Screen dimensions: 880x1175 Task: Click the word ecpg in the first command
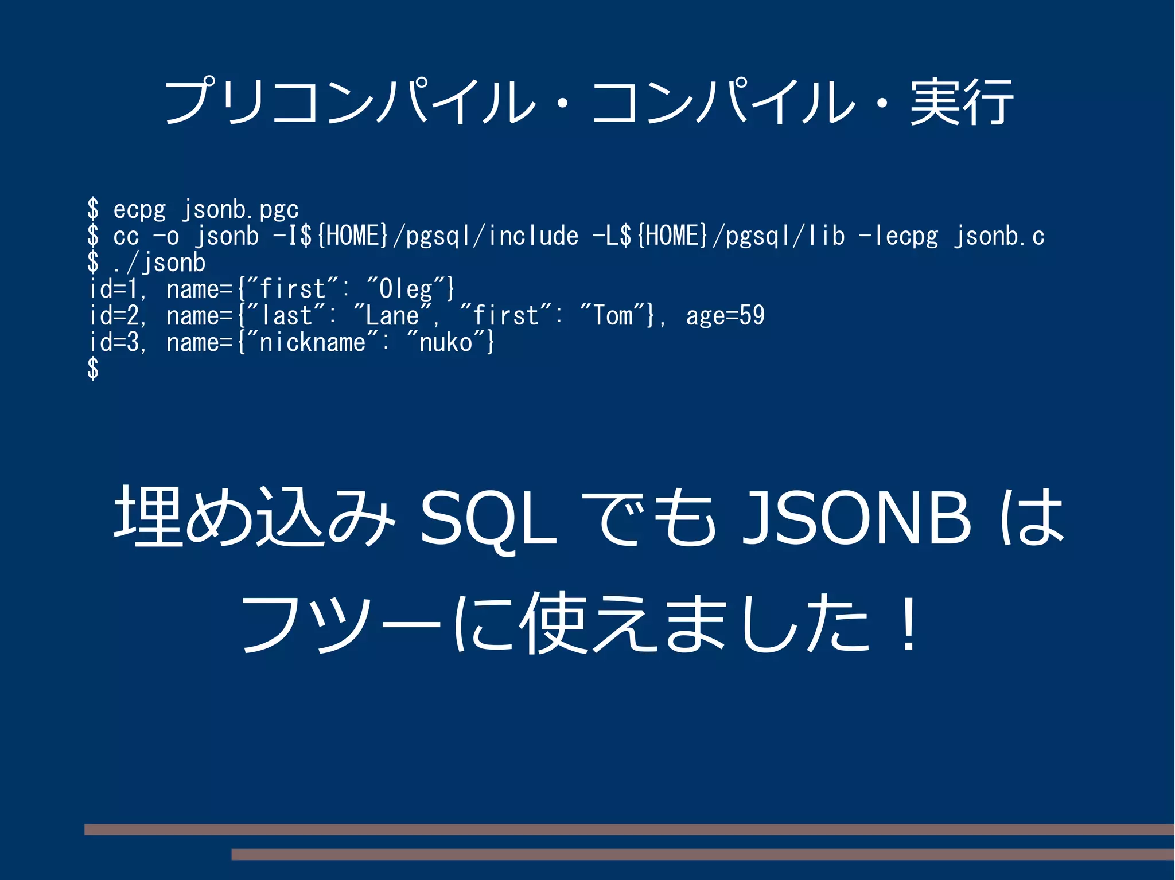tap(139, 209)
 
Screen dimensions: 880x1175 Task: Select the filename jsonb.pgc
tap(240, 209)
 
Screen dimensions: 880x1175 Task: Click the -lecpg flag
tap(898, 236)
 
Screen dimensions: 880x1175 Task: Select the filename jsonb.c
tap(999, 236)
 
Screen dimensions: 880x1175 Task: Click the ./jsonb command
tap(159, 263)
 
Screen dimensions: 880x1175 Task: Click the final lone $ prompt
tap(93, 369)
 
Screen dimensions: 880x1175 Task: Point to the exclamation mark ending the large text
tap(908, 623)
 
